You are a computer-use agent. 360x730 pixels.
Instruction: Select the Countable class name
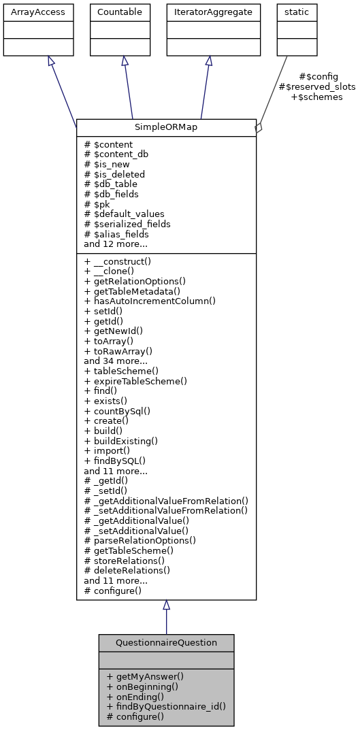(x=120, y=12)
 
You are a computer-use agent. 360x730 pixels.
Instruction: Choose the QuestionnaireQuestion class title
(x=166, y=643)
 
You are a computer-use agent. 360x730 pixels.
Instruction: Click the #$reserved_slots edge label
(x=317, y=87)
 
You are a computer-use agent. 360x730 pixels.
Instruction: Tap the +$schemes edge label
(x=316, y=97)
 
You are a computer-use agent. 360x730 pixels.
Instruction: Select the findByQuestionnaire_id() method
(x=166, y=706)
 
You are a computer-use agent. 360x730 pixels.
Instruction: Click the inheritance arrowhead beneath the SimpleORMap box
(x=166, y=605)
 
